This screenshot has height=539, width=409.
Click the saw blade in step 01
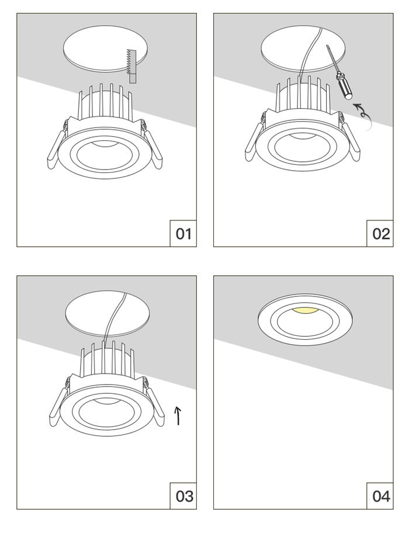[x=130, y=65]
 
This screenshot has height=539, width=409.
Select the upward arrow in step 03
[x=178, y=415]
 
